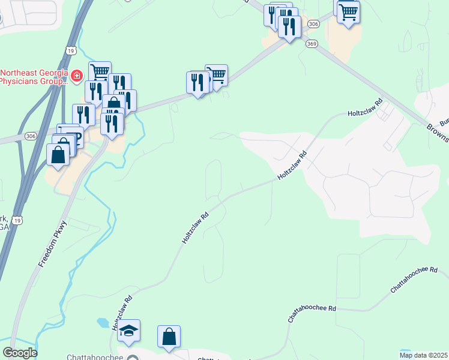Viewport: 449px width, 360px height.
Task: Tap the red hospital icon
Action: tap(77, 76)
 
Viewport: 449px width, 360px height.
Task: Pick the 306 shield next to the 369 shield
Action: tap(313, 23)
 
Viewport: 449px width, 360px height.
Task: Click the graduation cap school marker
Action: tap(128, 331)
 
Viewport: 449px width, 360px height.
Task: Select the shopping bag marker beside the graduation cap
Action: tap(169, 337)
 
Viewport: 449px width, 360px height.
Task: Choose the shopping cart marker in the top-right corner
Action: tap(348, 12)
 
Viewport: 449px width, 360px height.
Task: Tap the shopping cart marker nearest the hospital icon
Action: tap(100, 72)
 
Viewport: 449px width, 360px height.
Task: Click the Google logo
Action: tap(20, 353)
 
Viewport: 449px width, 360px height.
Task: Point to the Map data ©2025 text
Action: tap(424, 355)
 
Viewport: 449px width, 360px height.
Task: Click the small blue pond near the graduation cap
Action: tap(102, 323)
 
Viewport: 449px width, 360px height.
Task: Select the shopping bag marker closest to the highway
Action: tap(57, 156)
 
